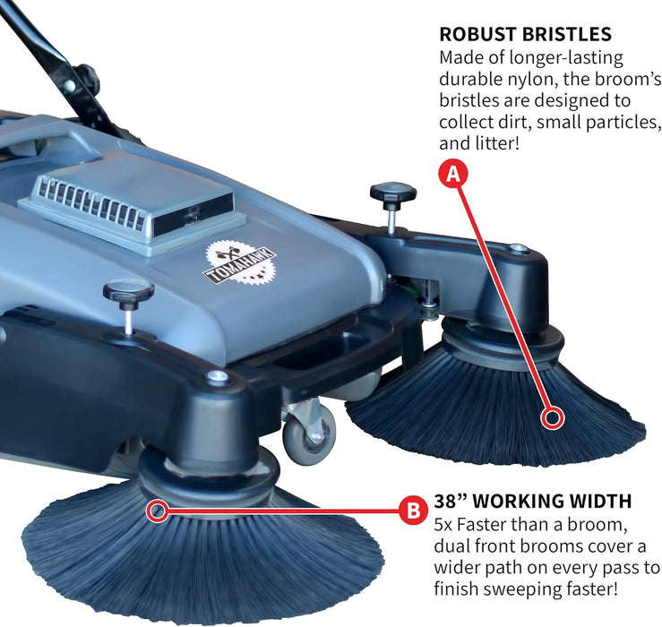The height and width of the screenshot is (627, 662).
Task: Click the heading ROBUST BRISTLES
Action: [x=524, y=35]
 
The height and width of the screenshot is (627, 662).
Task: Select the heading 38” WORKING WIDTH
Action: [x=532, y=501]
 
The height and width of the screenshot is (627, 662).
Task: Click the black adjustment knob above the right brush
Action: [x=392, y=193]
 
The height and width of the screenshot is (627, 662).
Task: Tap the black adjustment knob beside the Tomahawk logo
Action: [x=128, y=293]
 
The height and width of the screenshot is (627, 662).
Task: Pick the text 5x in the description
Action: [x=444, y=523]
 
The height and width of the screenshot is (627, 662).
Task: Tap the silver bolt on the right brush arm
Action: [x=518, y=247]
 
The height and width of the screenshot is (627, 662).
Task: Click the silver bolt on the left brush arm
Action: [x=215, y=377]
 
